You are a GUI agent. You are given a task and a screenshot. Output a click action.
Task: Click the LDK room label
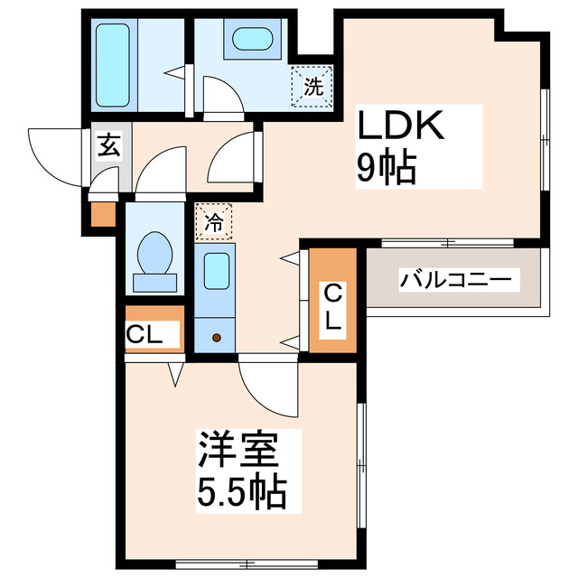(402, 126)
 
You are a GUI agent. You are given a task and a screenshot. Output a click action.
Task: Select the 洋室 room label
(237, 450)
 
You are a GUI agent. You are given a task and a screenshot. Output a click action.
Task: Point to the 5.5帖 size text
(241, 491)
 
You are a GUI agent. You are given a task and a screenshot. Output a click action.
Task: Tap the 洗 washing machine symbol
(312, 87)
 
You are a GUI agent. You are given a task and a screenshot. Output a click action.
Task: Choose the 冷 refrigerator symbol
(213, 221)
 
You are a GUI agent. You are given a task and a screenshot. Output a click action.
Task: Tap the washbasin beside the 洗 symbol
(252, 42)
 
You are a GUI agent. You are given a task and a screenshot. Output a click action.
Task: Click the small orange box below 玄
(104, 213)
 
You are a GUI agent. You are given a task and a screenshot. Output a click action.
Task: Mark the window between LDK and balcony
(448, 242)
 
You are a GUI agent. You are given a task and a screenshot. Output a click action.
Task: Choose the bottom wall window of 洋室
(244, 564)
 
